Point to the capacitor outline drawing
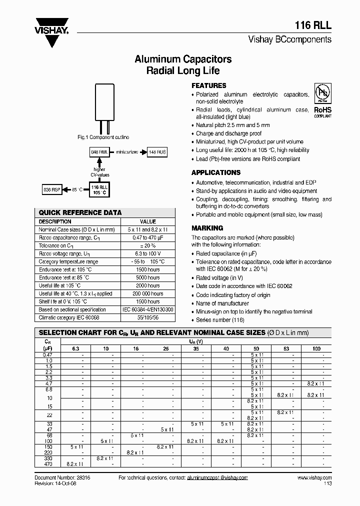pyautogui.click(x=104, y=107)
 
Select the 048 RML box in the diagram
pyautogui.click(x=99, y=151)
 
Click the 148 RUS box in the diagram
pyautogui.click(x=157, y=151)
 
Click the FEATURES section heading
pyautogui.click(x=209, y=85)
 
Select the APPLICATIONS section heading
pyautogui.click(x=216, y=172)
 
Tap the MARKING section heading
pyautogui.click(x=207, y=228)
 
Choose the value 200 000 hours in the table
pyautogui.click(x=148, y=293)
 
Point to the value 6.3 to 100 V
pyautogui.click(x=148, y=253)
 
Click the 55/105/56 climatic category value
pyautogui.click(x=148, y=317)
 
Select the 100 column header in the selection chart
pyautogui.click(x=316, y=348)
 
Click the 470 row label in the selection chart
pyautogui.click(x=48, y=464)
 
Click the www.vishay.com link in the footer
pyautogui.click(x=314, y=478)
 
